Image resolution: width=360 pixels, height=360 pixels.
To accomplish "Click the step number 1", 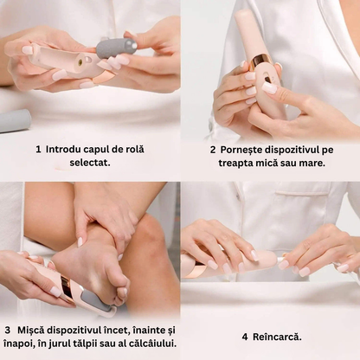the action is (38, 150).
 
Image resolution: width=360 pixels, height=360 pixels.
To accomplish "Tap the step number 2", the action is (213, 150).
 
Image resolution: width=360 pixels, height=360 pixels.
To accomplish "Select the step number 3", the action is (8, 331).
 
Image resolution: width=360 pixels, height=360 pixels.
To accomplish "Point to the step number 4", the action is (245, 337).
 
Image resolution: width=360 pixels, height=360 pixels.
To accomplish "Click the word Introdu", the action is (63, 150).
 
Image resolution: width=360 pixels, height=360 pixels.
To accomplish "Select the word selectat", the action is (90, 163).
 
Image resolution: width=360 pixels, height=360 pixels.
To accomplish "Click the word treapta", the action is (235, 164).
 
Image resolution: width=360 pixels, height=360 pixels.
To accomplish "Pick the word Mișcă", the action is (31, 331).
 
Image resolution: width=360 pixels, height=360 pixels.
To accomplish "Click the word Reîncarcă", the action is (277, 337).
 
